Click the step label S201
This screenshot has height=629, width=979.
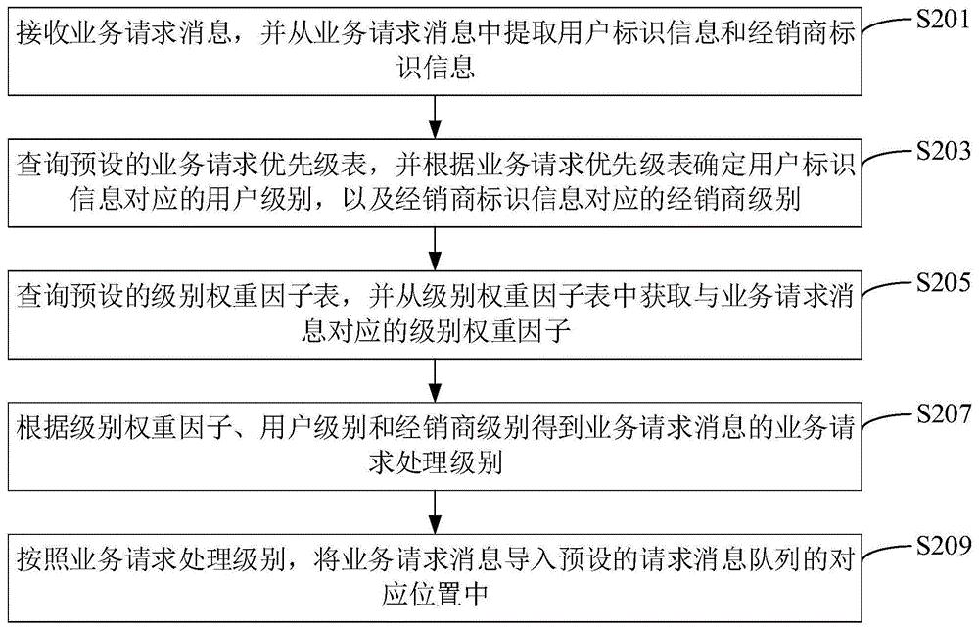tap(943, 20)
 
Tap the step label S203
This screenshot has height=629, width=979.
tap(943, 151)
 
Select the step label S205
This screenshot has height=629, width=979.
tap(943, 283)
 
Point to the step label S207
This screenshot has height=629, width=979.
tap(943, 414)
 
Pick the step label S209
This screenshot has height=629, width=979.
tap(943, 546)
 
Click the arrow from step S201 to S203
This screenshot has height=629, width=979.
tap(436, 118)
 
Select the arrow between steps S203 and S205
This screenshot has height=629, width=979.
tap(436, 249)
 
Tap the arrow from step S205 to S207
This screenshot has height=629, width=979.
tap(436, 380)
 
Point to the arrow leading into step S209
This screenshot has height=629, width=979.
tap(436, 512)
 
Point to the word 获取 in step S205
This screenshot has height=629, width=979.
tap(663, 296)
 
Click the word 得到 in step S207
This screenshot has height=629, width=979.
tap(556, 428)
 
